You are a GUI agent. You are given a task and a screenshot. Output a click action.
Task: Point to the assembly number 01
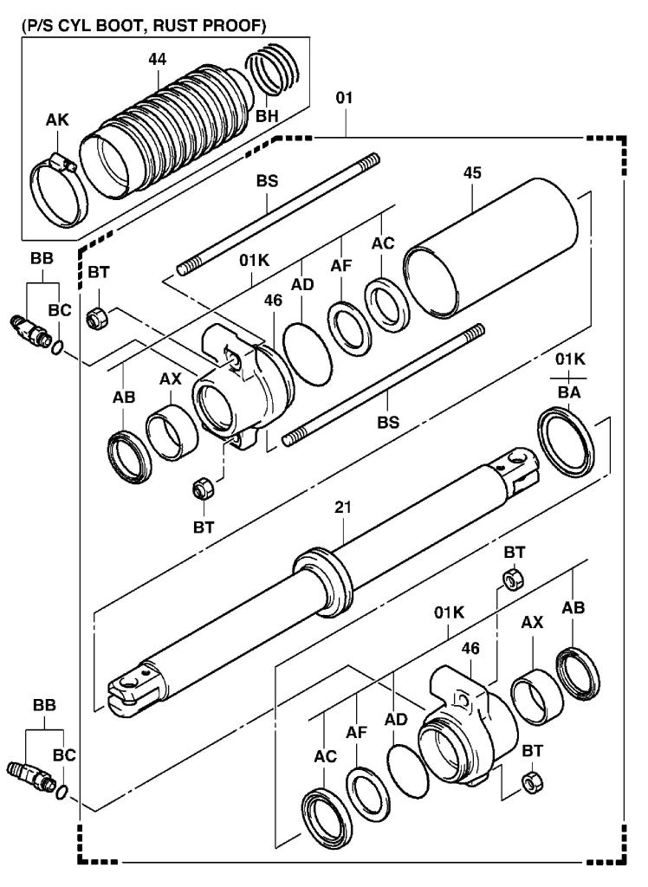pos(345,100)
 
